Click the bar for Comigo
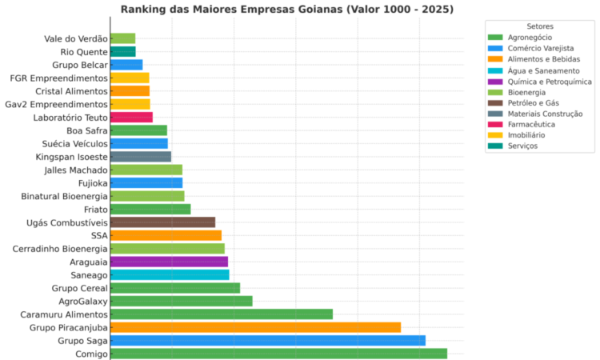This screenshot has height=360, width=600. pyautogui.click(x=278, y=354)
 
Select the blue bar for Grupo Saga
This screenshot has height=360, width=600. pyautogui.click(x=268, y=341)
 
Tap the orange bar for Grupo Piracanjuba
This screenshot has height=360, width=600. pyautogui.click(x=255, y=327)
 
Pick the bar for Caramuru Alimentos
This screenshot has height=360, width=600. pyautogui.click(x=222, y=314)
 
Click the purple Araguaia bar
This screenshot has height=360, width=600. pyautogui.click(x=169, y=262)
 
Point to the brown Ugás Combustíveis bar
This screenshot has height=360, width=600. pyautogui.click(x=162, y=222)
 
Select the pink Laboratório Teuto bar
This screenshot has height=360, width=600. pyautogui.click(x=131, y=118)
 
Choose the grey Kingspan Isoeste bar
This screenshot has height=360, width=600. pyautogui.click(x=141, y=157)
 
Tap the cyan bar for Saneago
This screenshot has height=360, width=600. pyautogui.click(x=170, y=274)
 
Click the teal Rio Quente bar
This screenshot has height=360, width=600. pyautogui.click(x=122, y=51)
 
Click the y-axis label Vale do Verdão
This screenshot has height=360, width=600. pyautogui.click(x=76, y=38)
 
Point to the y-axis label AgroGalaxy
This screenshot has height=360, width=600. pyautogui.click(x=83, y=301)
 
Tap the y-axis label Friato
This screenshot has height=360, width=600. pyautogui.click(x=95, y=209)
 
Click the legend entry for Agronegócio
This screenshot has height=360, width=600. pyautogui.click(x=530, y=38)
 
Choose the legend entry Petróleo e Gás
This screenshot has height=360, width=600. pyautogui.click(x=534, y=103)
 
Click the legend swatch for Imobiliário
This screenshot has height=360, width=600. pyautogui.click(x=494, y=135)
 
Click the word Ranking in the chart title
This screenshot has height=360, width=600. pyautogui.click(x=145, y=10)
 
